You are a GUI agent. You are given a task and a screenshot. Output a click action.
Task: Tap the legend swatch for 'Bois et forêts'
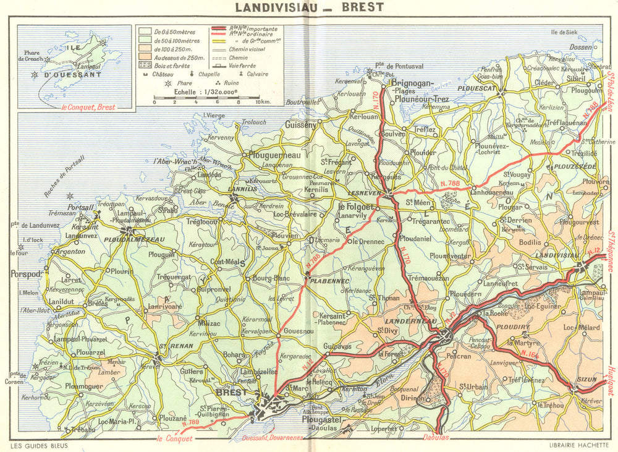tap(144, 64)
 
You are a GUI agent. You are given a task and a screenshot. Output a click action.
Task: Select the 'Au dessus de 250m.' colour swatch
tap(144, 55)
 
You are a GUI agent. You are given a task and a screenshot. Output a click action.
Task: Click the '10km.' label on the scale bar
tap(262, 102)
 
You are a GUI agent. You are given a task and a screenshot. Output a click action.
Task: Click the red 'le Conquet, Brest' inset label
tap(88, 107)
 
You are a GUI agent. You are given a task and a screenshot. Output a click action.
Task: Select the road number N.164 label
tap(531, 356)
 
